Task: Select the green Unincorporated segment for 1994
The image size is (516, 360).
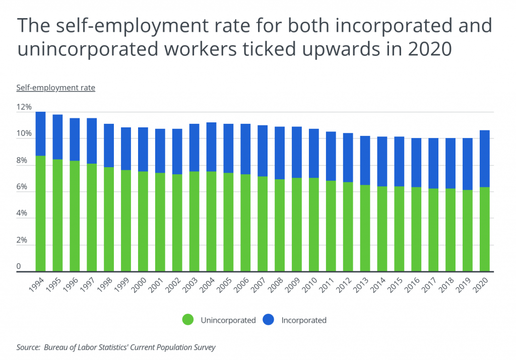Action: coord(41,214)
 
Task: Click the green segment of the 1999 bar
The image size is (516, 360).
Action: coord(126,221)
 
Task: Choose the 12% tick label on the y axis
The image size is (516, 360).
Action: coord(24,108)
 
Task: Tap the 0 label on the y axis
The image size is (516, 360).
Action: coord(19,266)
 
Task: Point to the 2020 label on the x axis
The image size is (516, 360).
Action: coord(482,285)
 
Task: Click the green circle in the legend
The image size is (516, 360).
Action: coord(188,320)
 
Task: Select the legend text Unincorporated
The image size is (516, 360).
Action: coord(228,320)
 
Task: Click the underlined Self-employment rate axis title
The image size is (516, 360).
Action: coord(55,88)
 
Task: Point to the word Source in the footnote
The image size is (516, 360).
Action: coord(28,347)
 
